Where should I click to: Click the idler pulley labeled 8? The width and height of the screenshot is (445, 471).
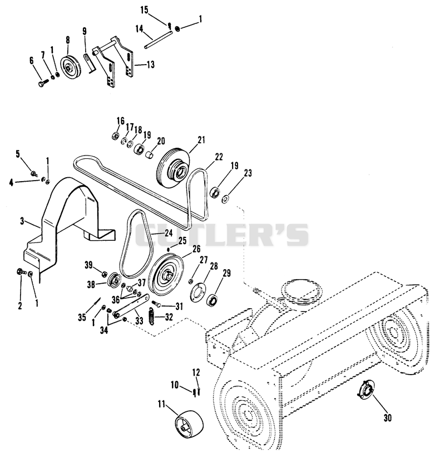pos(70,67)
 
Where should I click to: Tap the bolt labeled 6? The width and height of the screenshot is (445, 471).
pos(43,82)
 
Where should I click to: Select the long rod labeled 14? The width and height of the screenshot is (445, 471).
pos(158,39)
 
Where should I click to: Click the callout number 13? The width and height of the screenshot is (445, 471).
pos(150,64)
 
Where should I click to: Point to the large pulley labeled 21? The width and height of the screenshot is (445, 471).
pos(173,168)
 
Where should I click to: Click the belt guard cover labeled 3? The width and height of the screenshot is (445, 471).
pos(66,222)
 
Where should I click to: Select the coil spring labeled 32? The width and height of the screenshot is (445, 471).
pos(152,317)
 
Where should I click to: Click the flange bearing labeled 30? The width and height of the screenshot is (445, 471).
pos(365,390)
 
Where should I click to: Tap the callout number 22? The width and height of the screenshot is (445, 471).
pos(219,157)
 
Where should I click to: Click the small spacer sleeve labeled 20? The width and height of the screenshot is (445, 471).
pos(150,154)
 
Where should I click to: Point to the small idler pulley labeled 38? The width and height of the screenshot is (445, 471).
pos(114,280)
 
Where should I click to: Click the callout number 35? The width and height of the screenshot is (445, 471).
pos(82,317)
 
